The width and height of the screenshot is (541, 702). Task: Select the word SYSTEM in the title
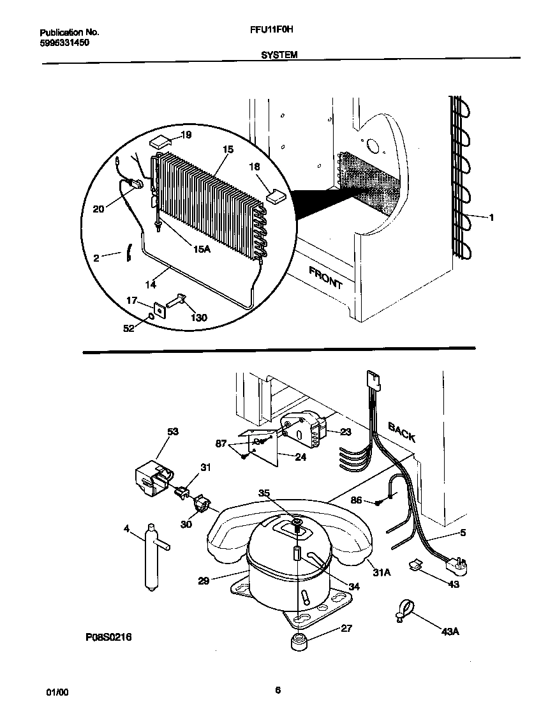coord(279,56)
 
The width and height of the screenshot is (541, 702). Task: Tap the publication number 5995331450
coord(64,42)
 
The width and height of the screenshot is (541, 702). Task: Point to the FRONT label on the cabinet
coord(325,278)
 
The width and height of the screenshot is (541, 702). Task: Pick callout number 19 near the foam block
coord(186,135)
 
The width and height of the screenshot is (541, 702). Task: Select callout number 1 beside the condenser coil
coord(491,218)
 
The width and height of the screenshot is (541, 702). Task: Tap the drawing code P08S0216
coord(108,637)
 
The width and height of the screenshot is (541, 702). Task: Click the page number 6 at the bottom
coord(278,690)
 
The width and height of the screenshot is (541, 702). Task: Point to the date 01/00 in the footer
coord(56,692)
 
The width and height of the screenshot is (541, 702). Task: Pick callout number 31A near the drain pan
coord(381,572)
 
